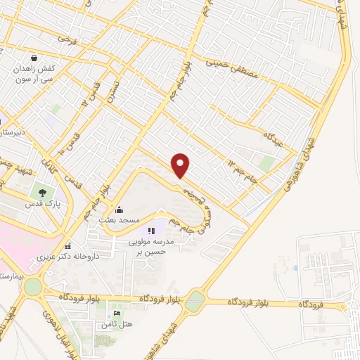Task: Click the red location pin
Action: (181, 165)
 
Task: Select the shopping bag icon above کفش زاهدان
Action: (34, 58)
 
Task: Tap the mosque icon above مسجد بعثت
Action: (118, 210)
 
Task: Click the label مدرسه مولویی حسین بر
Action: (150, 245)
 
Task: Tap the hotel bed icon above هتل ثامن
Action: (117, 312)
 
